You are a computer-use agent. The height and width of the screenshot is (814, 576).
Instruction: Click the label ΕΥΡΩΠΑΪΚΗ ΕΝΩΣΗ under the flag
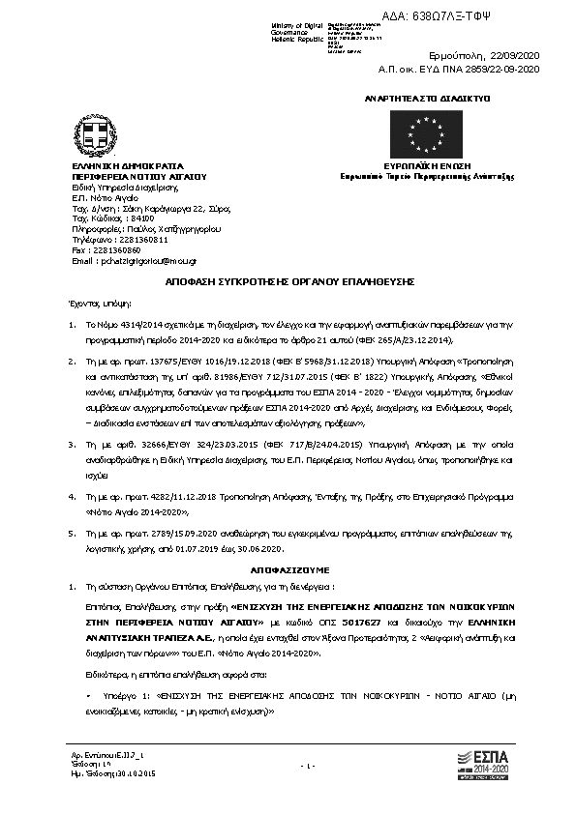425,166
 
